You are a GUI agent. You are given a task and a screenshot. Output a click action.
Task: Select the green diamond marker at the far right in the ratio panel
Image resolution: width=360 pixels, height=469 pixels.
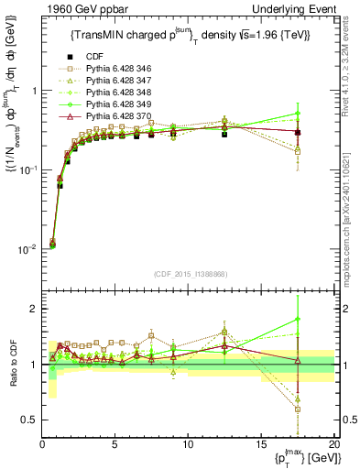click(x=298, y=320)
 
